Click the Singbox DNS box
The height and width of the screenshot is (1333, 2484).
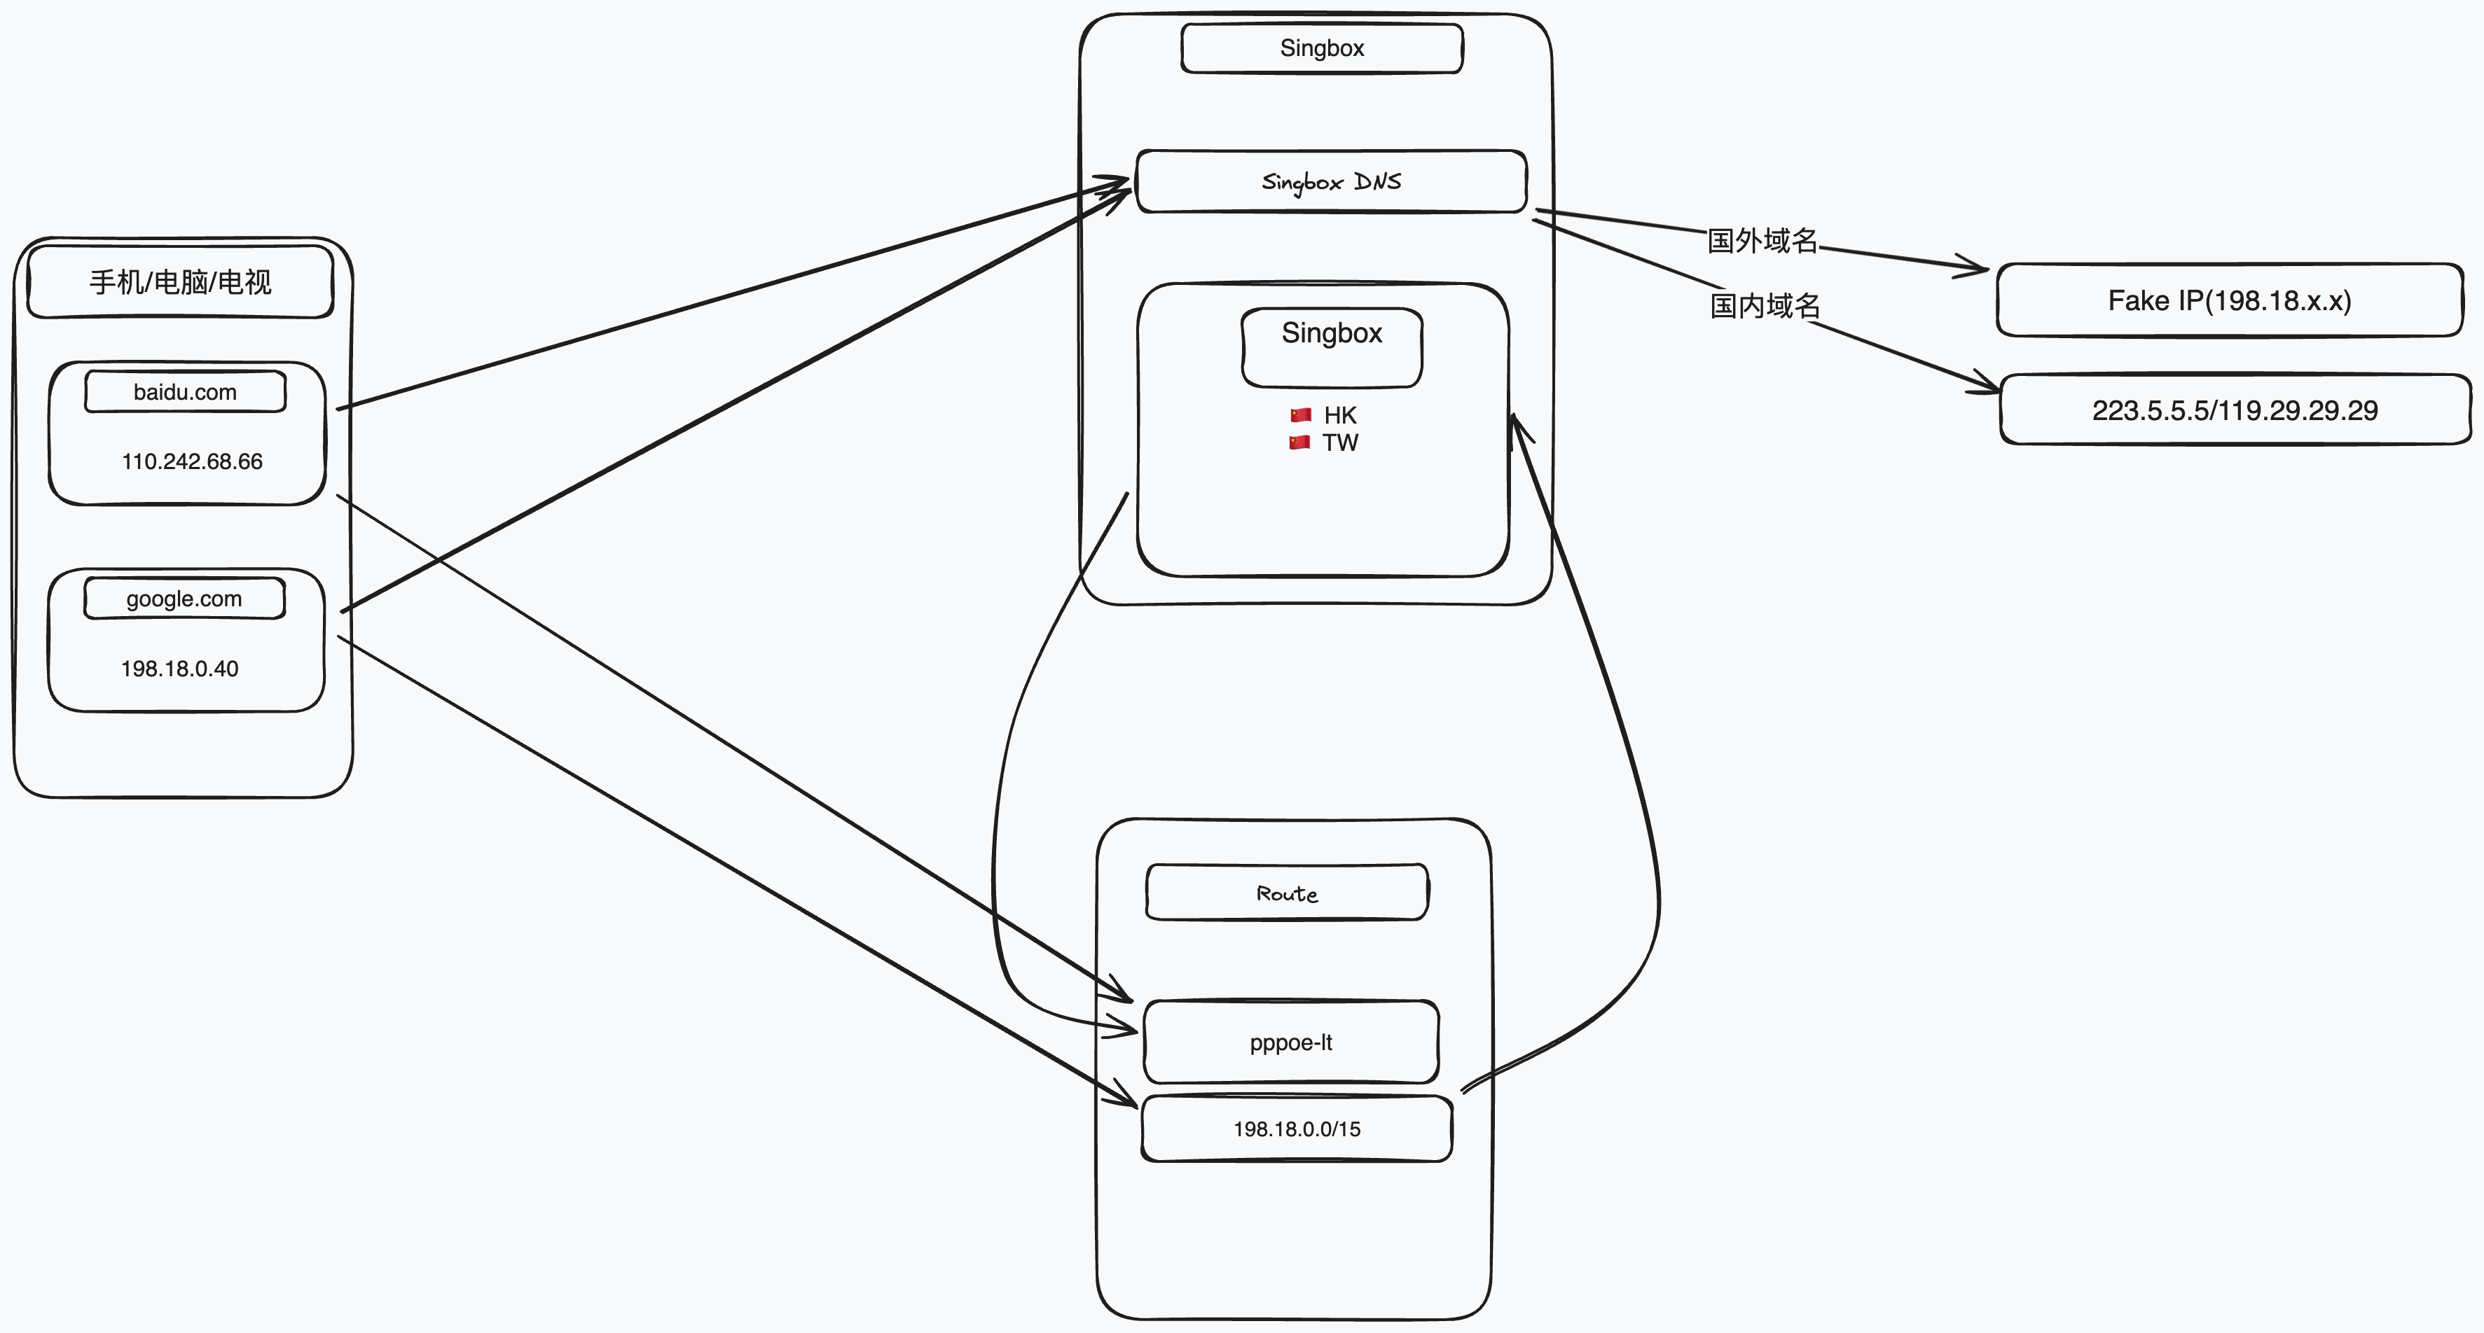[1331, 181]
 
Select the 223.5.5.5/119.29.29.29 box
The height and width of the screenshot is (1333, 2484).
[2234, 410]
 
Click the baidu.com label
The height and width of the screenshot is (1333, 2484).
[185, 392]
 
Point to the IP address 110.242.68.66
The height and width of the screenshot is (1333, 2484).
[192, 461]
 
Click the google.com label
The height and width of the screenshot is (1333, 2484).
[184, 599]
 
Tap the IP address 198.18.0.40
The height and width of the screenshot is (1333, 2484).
[179, 669]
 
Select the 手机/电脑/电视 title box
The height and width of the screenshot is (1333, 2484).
[180, 281]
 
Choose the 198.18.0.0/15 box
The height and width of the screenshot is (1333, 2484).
[1296, 1129]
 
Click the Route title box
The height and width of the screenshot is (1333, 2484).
[1286, 893]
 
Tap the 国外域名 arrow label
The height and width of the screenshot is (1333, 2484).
[1762, 241]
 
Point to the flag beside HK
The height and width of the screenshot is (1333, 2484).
[1301, 415]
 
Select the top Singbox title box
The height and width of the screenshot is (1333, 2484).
[1322, 48]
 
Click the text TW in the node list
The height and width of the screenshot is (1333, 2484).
[1340, 443]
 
